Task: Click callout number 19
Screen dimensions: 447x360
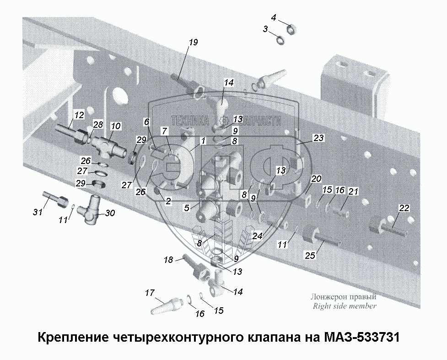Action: click(193, 43)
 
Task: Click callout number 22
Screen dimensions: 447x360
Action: click(403, 208)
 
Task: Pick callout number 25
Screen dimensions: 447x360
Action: click(310, 256)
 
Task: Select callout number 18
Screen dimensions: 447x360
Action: click(168, 260)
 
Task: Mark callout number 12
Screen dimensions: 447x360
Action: click(79, 115)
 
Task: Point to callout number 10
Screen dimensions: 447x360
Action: click(115, 125)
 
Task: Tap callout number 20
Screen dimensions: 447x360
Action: click(316, 178)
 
